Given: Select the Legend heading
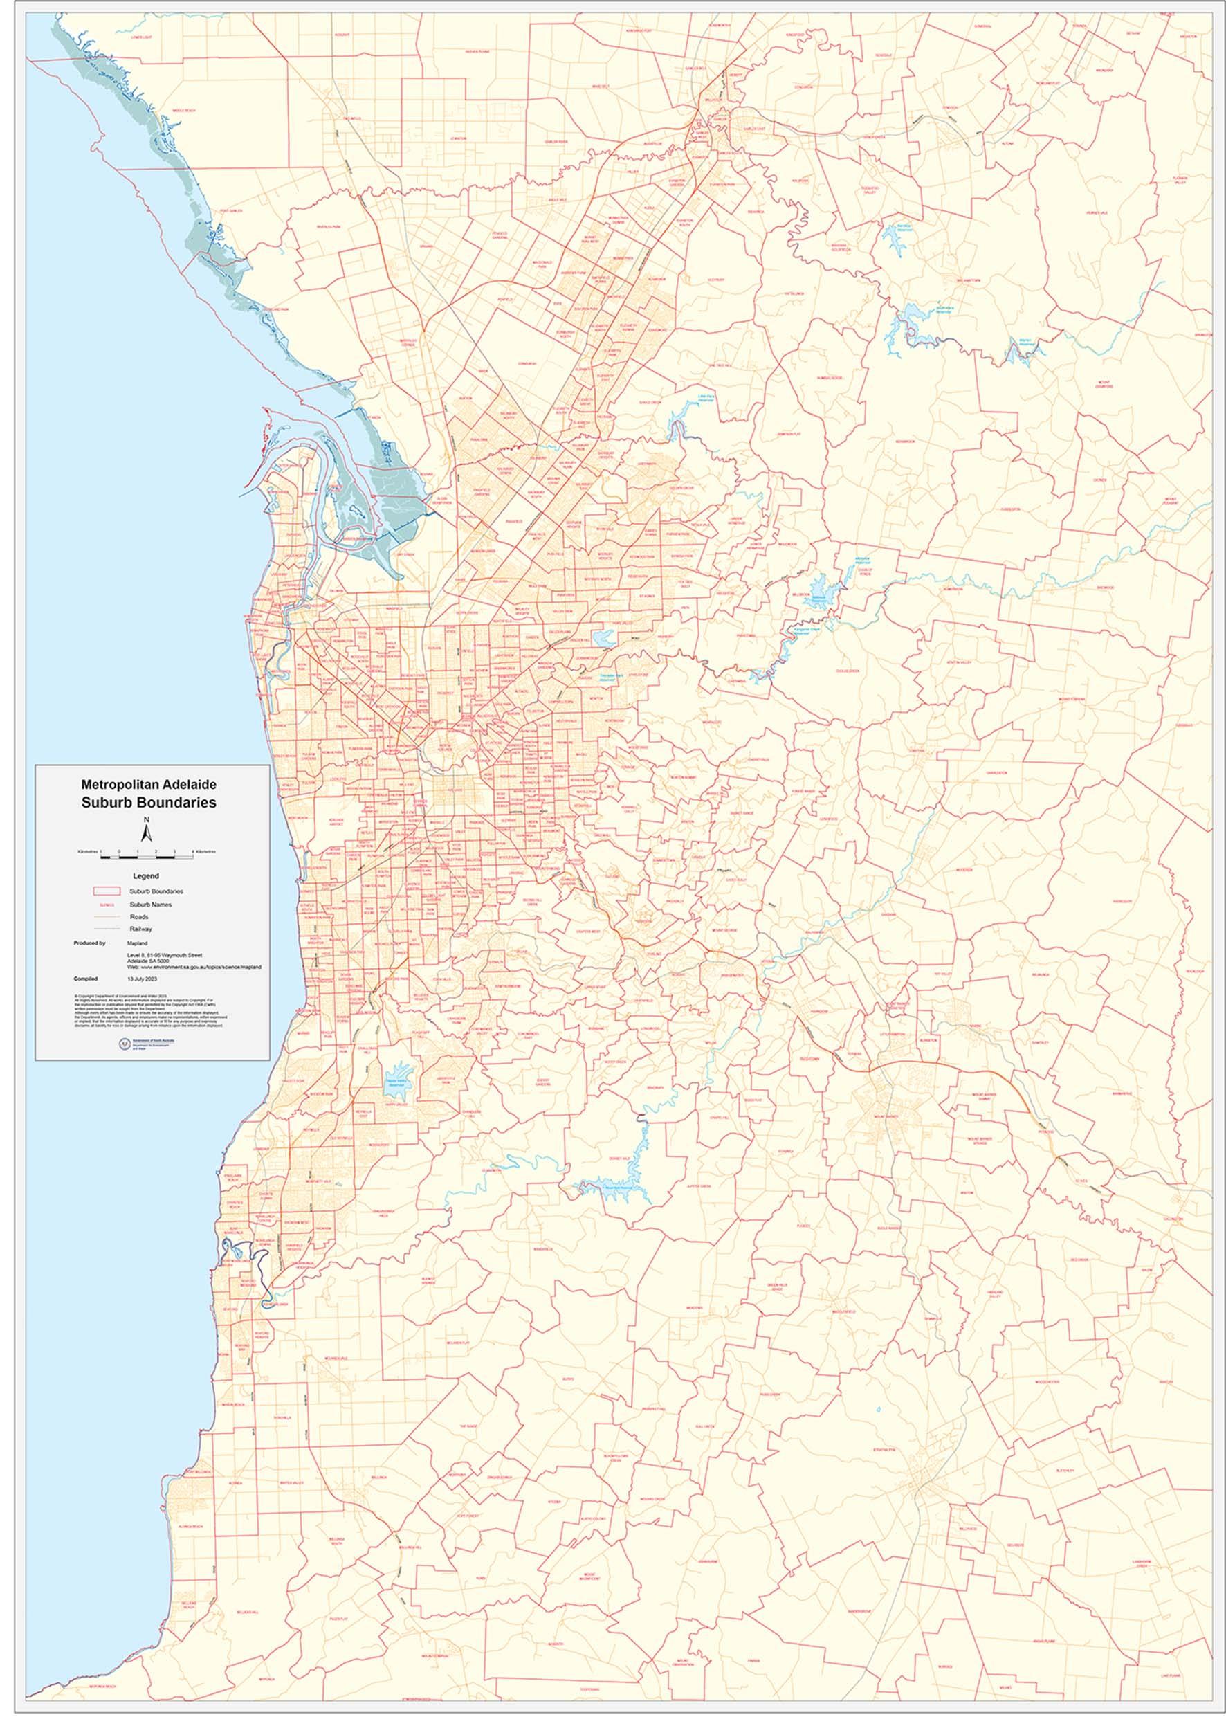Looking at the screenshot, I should (x=146, y=876).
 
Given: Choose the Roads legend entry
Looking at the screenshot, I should (x=139, y=916).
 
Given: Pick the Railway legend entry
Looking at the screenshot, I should (x=141, y=929).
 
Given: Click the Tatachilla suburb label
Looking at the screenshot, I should (x=282, y=1439).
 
